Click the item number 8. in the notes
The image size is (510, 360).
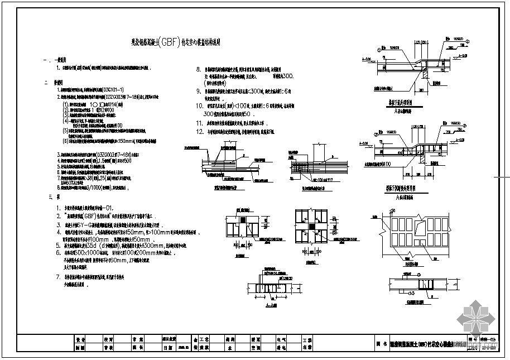[x=198, y=70]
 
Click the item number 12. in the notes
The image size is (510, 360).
[x=199, y=132]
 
